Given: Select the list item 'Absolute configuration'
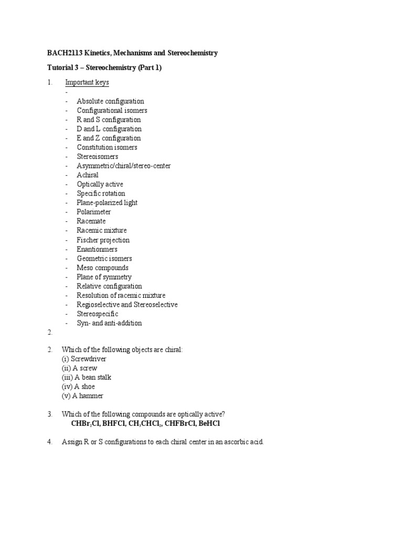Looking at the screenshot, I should [x=110, y=101].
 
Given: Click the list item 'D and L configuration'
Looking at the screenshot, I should [x=109, y=129].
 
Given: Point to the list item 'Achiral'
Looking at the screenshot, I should [x=88, y=175].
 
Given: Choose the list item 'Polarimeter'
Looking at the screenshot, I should [x=94, y=212].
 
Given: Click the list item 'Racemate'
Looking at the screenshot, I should [x=91, y=221].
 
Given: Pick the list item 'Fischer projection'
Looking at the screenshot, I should [x=103, y=240].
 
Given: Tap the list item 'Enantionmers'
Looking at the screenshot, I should [x=97, y=249].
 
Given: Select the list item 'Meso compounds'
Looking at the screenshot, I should [x=102, y=267].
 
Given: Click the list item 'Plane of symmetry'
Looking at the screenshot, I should [x=104, y=277].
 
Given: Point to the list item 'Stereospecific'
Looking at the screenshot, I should [x=98, y=314].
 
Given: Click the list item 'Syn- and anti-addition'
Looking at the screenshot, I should [x=109, y=323].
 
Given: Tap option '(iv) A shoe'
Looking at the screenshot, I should [x=79, y=386].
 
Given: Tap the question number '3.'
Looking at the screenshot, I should [x=50, y=414].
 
